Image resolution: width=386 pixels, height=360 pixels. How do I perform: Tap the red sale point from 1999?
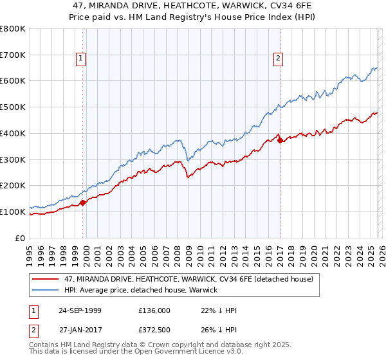tap(83, 203)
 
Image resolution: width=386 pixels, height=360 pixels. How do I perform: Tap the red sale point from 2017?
tap(280, 141)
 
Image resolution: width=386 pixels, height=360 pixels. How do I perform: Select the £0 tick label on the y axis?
tap(21, 238)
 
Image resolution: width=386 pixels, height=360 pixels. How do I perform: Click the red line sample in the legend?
tap(46, 279)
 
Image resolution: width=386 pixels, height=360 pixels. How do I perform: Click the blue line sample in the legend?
tap(46, 290)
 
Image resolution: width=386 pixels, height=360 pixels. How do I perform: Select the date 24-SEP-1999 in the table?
tap(80, 310)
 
